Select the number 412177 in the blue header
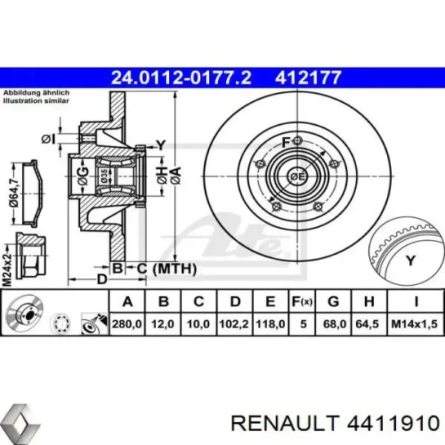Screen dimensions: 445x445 (x=309, y=76)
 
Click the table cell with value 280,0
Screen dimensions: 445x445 (x=128, y=325)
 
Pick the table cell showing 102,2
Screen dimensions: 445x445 (x=235, y=325)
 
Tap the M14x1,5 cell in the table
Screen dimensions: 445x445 (x=414, y=325)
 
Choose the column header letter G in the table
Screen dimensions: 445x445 (x=333, y=301)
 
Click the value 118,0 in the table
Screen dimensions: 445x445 (x=271, y=325)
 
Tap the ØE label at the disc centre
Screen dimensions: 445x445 (x=297, y=176)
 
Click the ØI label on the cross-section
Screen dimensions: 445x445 (x=49, y=138)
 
